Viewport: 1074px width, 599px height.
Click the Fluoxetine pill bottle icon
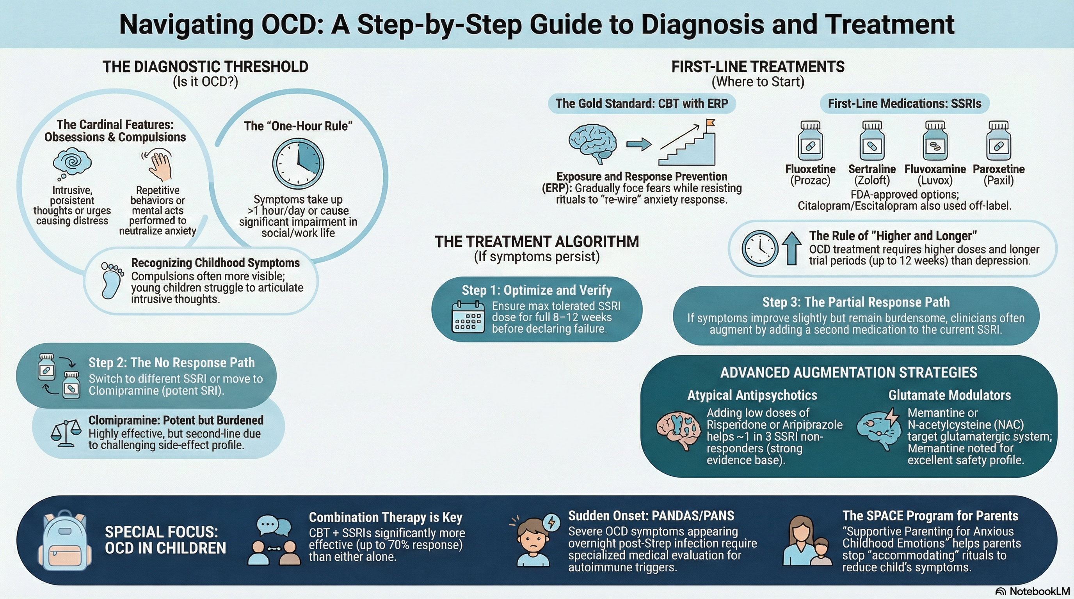click(x=810, y=140)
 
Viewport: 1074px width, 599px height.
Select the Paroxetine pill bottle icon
click(x=999, y=140)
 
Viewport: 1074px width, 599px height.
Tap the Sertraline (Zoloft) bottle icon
click(x=872, y=140)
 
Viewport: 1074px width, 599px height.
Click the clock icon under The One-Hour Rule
click(x=298, y=163)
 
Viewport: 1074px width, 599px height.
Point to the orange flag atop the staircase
click(x=710, y=123)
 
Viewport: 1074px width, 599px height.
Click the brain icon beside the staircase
click(x=593, y=143)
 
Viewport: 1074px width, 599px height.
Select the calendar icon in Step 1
click(x=468, y=317)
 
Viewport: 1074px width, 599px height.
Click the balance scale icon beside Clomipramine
click(x=66, y=433)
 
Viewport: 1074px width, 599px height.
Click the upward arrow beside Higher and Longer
click(x=791, y=248)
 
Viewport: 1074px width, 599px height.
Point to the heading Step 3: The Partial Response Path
click(x=856, y=302)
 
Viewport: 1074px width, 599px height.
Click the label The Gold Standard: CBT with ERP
click(x=642, y=103)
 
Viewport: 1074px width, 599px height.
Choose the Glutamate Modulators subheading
click(x=950, y=395)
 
